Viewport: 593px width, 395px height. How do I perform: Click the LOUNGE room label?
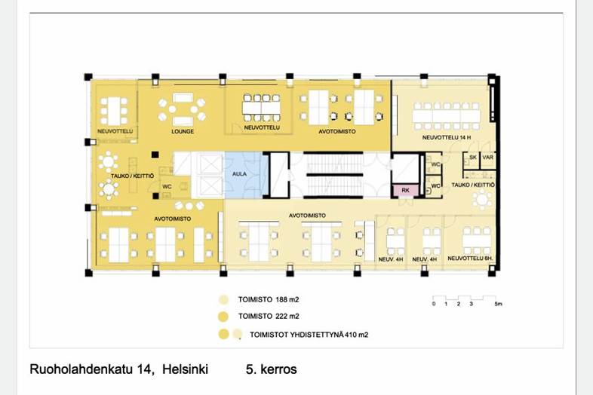pos(183,131)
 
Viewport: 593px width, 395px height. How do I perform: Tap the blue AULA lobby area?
pos(244,175)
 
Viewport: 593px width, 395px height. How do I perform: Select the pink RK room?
pos(405,190)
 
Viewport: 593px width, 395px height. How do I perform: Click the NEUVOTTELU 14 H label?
pos(447,138)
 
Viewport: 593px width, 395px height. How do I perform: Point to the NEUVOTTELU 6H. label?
pos(470,258)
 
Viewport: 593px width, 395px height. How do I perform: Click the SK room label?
pos(473,158)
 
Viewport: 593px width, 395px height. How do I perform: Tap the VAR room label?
pos(488,158)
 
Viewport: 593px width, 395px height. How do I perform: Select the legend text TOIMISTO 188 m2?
pos(269,300)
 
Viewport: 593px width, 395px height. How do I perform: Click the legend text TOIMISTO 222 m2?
pos(269,317)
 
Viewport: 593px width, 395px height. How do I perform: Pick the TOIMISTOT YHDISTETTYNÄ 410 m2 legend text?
pos(309,335)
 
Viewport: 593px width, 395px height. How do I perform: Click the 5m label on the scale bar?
pos(498,304)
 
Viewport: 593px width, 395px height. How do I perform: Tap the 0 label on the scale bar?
pos(434,304)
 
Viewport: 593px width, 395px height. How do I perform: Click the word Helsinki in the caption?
pos(186,369)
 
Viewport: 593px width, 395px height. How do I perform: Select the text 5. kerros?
pos(271,369)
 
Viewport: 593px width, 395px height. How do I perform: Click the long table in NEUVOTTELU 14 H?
pos(447,115)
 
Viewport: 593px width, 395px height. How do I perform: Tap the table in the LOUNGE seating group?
pos(183,109)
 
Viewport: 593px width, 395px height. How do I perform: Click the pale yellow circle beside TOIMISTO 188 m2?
pos(223,300)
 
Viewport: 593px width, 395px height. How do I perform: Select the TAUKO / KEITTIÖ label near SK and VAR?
pos(473,185)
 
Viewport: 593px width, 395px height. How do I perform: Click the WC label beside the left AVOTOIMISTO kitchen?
pos(167,187)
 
